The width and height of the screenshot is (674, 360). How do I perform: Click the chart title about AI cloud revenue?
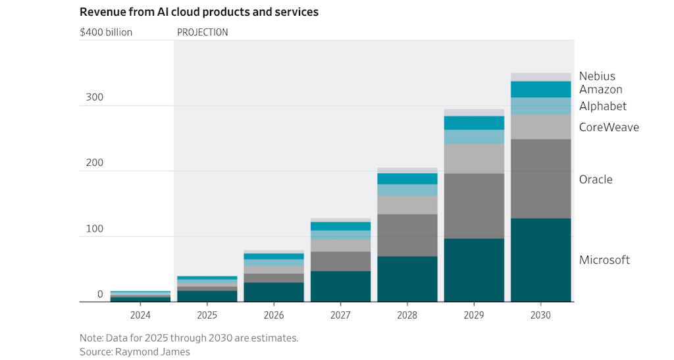[199, 12]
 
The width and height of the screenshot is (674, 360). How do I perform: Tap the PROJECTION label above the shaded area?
[203, 32]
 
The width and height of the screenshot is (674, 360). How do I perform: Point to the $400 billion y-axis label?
[106, 32]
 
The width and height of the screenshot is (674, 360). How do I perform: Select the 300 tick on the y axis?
[95, 97]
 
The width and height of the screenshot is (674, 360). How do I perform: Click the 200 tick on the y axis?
[95, 163]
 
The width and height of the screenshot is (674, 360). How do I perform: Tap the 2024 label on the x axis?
[140, 315]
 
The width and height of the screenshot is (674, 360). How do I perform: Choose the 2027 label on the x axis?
[340, 315]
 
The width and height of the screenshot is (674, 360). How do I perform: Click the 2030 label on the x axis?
[540, 315]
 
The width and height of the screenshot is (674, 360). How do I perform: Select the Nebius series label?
[597, 76]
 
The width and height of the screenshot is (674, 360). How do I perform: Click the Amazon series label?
[600, 90]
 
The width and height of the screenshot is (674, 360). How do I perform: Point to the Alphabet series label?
[603, 106]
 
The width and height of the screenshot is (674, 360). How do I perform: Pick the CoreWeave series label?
[609, 127]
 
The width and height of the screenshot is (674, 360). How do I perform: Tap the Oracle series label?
[596, 180]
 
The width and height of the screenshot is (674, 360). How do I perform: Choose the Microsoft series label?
[604, 260]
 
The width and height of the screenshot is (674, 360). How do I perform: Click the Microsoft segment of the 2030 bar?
[540, 260]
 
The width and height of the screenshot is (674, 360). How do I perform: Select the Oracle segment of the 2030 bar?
[540, 178]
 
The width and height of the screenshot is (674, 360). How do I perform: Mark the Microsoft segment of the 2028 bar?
[407, 279]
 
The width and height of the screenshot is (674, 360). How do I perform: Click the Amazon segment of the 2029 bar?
[474, 123]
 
